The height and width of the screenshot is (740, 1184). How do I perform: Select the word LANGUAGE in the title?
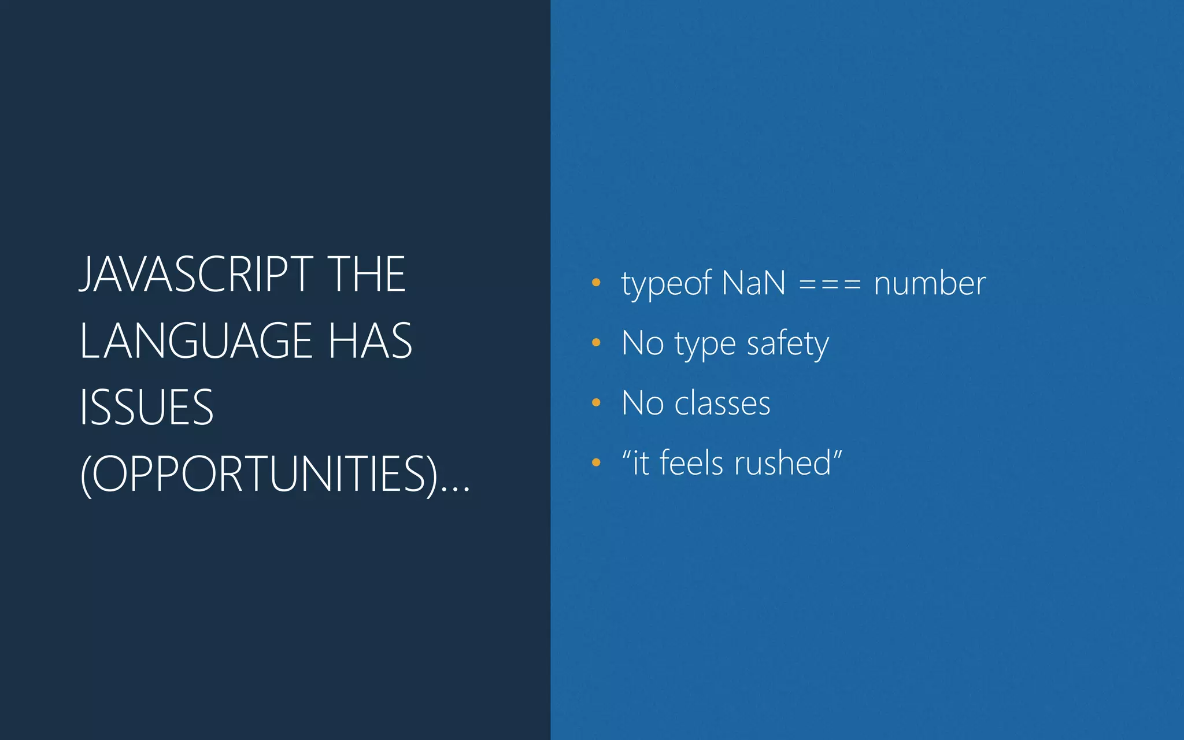196,341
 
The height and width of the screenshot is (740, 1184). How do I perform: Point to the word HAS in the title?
370,341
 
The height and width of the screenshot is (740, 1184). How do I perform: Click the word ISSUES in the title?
147,408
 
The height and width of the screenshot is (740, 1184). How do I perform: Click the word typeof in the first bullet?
666,284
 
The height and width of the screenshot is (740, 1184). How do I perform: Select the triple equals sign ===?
830,284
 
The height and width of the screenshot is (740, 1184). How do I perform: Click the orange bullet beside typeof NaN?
596,283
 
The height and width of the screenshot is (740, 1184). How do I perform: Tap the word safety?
787,344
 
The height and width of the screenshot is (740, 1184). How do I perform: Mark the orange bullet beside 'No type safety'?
596,343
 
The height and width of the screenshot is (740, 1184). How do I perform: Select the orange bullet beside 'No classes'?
596,402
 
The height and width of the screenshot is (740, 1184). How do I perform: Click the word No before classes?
642,403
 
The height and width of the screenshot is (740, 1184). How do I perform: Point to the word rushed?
783,463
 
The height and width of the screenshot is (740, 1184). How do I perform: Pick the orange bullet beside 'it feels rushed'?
596,462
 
